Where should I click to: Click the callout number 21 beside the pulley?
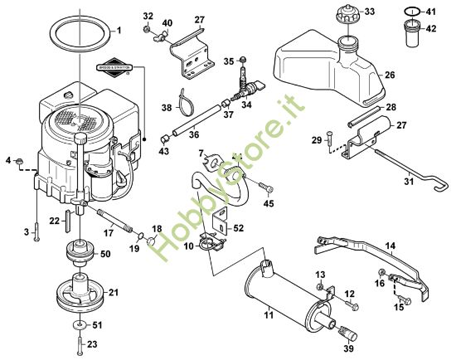(x=114, y=292)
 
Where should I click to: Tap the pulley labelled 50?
(x=80, y=252)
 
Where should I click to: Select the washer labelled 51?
(x=79, y=324)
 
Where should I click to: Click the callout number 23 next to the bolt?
(x=91, y=343)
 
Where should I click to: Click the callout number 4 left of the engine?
(x=8, y=159)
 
